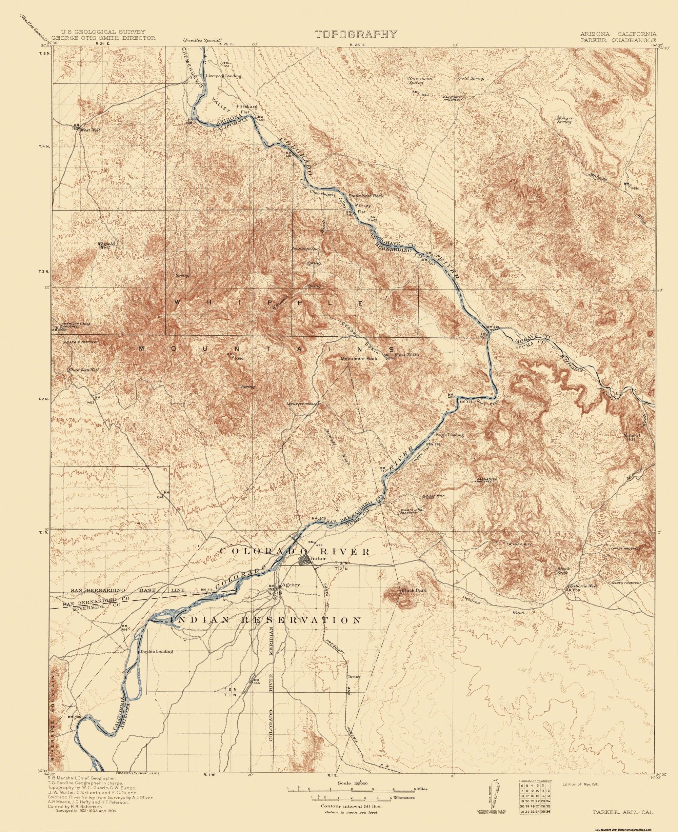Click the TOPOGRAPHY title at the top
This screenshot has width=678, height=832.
pyautogui.click(x=356, y=34)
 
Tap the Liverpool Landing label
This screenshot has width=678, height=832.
pyautogui.click(x=223, y=76)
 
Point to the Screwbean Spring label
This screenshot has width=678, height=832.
pyautogui.click(x=420, y=80)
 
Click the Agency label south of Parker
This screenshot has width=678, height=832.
pyautogui.click(x=293, y=585)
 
